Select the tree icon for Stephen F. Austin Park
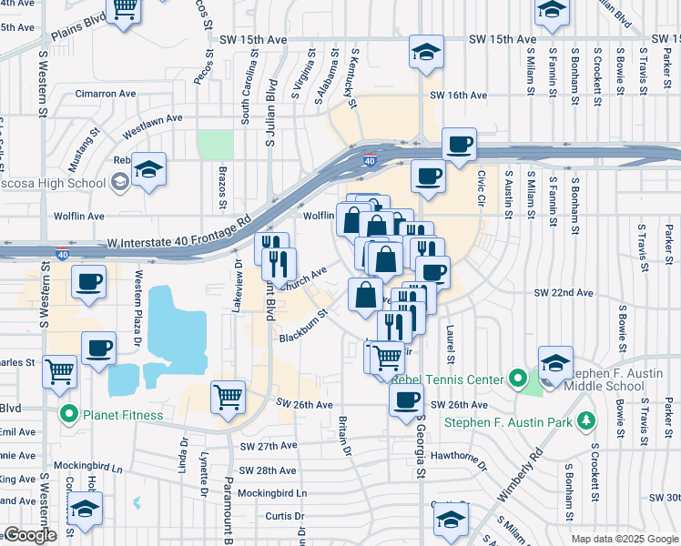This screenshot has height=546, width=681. (588, 420)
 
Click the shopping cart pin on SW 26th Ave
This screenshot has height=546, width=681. (227, 396)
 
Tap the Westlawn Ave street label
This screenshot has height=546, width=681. (153, 118)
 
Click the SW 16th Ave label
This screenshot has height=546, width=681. (459, 95)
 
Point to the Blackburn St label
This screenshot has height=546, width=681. (303, 326)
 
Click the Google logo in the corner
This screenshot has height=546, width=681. (30, 535)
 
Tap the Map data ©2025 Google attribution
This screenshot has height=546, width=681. (624, 539)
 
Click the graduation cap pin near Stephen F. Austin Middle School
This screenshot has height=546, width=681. (555, 362)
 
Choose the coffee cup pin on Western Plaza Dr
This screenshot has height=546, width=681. (99, 348)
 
